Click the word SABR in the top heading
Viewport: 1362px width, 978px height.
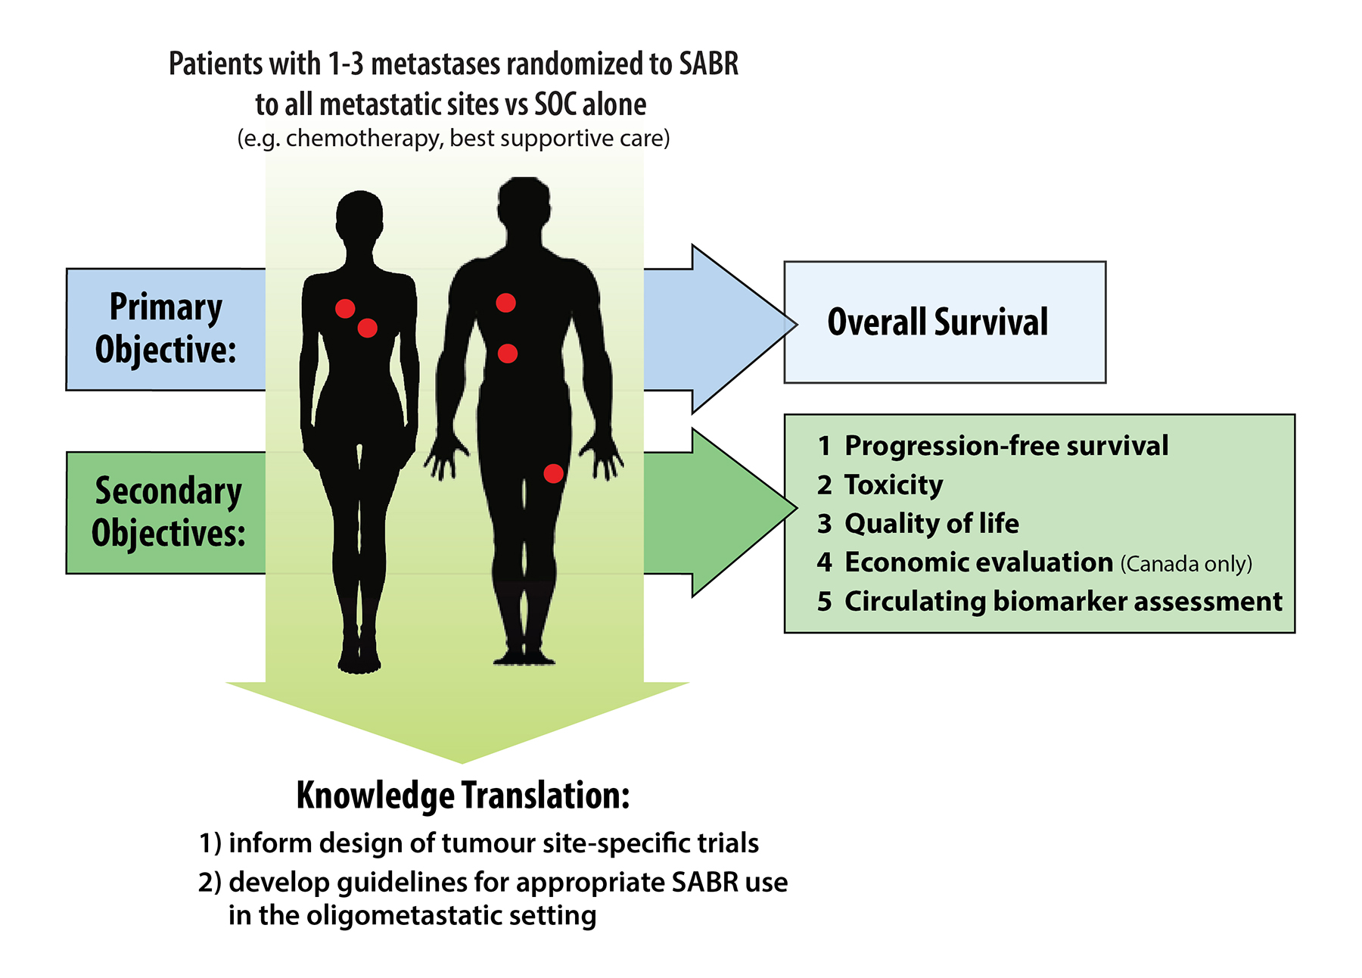pyautogui.click(x=708, y=64)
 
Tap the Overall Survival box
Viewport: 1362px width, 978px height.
pyautogui.click(x=944, y=322)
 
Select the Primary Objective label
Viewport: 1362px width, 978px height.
pyautogui.click(x=166, y=329)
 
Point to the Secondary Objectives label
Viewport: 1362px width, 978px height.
pyautogui.click(x=167, y=512)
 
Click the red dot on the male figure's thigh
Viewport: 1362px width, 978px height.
pyautogui.click(x=553, y=474)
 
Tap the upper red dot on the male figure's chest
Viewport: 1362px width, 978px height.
pyautogui.click(x=505, y=303)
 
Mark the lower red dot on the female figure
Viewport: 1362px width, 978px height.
pyautogui.click(x=368, y=328)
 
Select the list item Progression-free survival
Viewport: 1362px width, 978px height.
pyautogui.click(x=1006, y=446)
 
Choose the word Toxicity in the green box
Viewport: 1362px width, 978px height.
pyautogui.click(x=894, y=484)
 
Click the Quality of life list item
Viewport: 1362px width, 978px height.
pyautogui.click(x=931, y=523)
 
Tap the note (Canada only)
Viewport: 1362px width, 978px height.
pyautogui.click(x=1186, y=564)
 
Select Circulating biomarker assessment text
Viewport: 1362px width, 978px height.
pyautogui.click(x=1063, y=601)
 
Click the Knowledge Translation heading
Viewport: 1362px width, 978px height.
pyautogui.click(x=462, y=796)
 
